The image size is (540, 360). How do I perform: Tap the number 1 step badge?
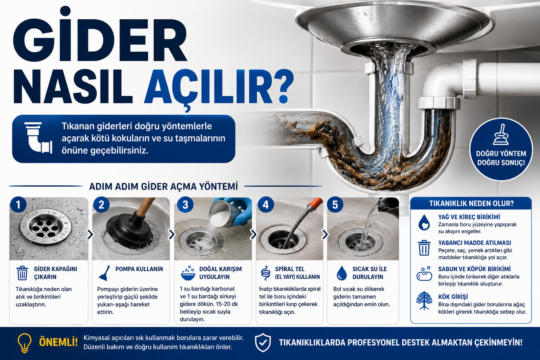coord(18,205)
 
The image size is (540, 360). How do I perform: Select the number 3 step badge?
coord(185,205)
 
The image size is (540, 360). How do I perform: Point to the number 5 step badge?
coord(335,205)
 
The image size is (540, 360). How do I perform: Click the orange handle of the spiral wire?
coord(315,204)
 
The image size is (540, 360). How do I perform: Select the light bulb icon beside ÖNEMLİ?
coord(25,343)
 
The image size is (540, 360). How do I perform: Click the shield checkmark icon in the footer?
coord(263,343)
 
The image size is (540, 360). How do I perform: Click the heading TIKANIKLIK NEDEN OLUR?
coord(471,204)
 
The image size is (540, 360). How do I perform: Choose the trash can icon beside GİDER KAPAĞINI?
coord(22,273)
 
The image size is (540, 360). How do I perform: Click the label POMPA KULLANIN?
coord(139,269)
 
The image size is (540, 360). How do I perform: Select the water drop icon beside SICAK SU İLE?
coord(342,273)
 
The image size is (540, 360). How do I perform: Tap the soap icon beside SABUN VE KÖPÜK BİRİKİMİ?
coord(424,274)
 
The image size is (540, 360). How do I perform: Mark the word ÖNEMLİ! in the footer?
coord(58,342)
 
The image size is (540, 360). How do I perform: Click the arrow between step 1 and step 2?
coord(90,234)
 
